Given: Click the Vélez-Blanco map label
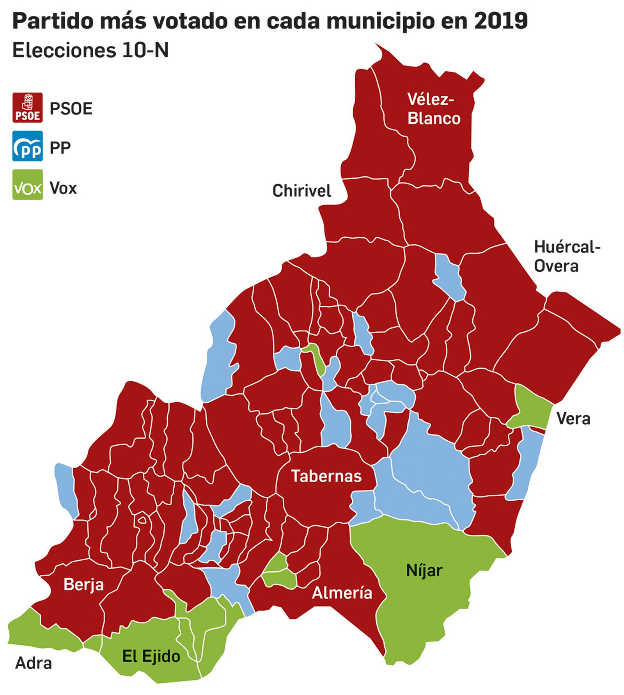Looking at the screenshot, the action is coord(433,109).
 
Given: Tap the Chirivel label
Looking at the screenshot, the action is coord(301,191).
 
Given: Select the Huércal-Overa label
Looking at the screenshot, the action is coord(566,256).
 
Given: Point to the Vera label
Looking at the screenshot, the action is coord(573,419).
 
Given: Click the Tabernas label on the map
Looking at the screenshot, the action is coord(326,476).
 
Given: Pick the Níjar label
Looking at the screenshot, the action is coord(424,571).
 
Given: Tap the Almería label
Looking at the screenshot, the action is coord(342,593).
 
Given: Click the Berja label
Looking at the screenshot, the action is coord(83,585).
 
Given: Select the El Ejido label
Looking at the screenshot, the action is coord(151,656).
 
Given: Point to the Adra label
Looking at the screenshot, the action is coord(33,663).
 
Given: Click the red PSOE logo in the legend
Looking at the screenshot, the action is coord(27,108).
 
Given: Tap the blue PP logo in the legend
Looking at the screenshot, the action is coord(27,146).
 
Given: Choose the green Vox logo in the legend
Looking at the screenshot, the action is coord(27,185).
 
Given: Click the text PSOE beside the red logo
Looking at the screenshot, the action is coord(71,108).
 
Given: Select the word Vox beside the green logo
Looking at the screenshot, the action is coord(63,188).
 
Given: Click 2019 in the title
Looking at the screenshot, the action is coord(501,21).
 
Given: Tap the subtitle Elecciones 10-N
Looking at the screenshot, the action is coord(90,50).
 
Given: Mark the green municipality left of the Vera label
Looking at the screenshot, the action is coord(530,406).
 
